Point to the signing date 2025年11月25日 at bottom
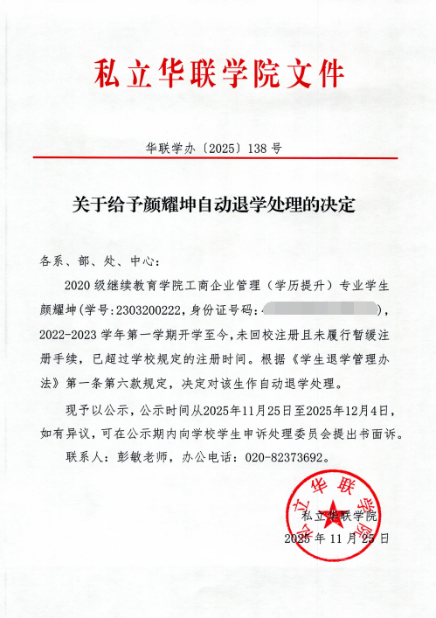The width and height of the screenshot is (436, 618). point(336,538)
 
